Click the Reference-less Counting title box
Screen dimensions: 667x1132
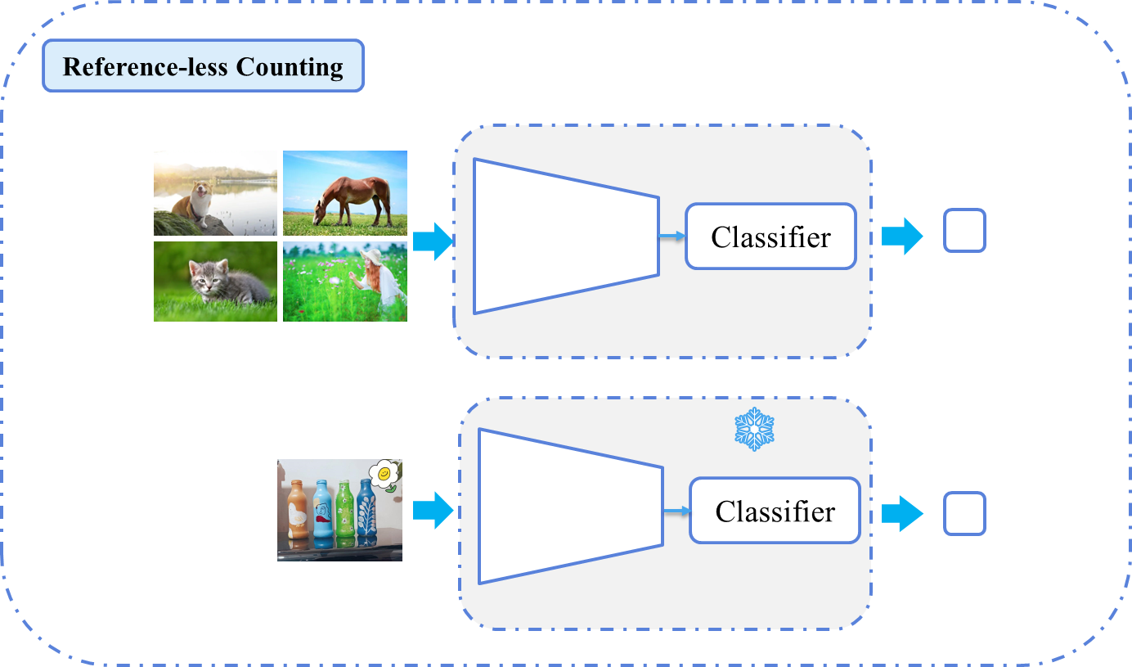coord(203,66)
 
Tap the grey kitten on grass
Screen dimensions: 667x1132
coord(216,282)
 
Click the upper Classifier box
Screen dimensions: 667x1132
coord(770,237)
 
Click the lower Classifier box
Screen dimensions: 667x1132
coord(775,512)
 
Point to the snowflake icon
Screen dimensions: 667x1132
coord(754,429)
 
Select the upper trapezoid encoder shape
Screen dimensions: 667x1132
coord(564,236)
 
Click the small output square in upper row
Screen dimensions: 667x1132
coord(964,230)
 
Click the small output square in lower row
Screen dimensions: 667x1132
coord(964,514)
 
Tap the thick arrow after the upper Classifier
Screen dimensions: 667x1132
coord(901,237)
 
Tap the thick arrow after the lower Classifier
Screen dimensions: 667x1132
coord(901,514)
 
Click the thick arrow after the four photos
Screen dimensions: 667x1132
coord(433,241)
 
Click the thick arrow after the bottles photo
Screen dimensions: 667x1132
coord(433,511)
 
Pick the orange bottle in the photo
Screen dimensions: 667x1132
coord(299,512)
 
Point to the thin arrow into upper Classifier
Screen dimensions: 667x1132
coord(672,237)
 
